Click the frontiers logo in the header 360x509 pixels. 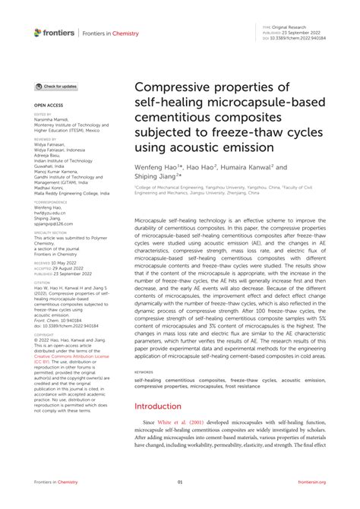tap(54, 33)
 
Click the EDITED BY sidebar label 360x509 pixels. tap(43, 115)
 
